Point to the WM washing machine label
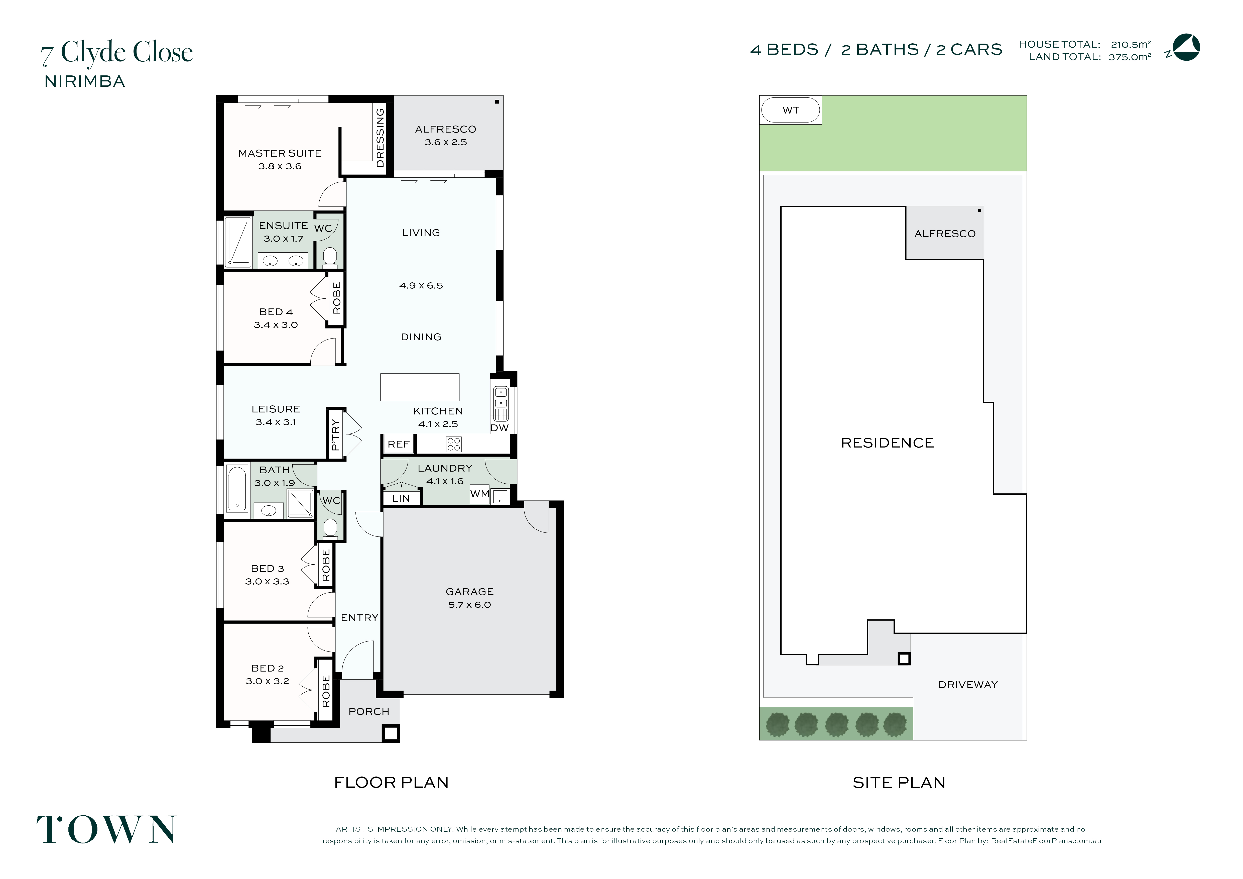480,494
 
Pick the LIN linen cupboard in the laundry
401,498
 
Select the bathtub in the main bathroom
237,489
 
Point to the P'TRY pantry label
335,434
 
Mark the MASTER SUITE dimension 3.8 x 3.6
280,166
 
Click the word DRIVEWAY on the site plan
968,685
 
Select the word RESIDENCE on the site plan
887,443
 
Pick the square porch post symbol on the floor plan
391,734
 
